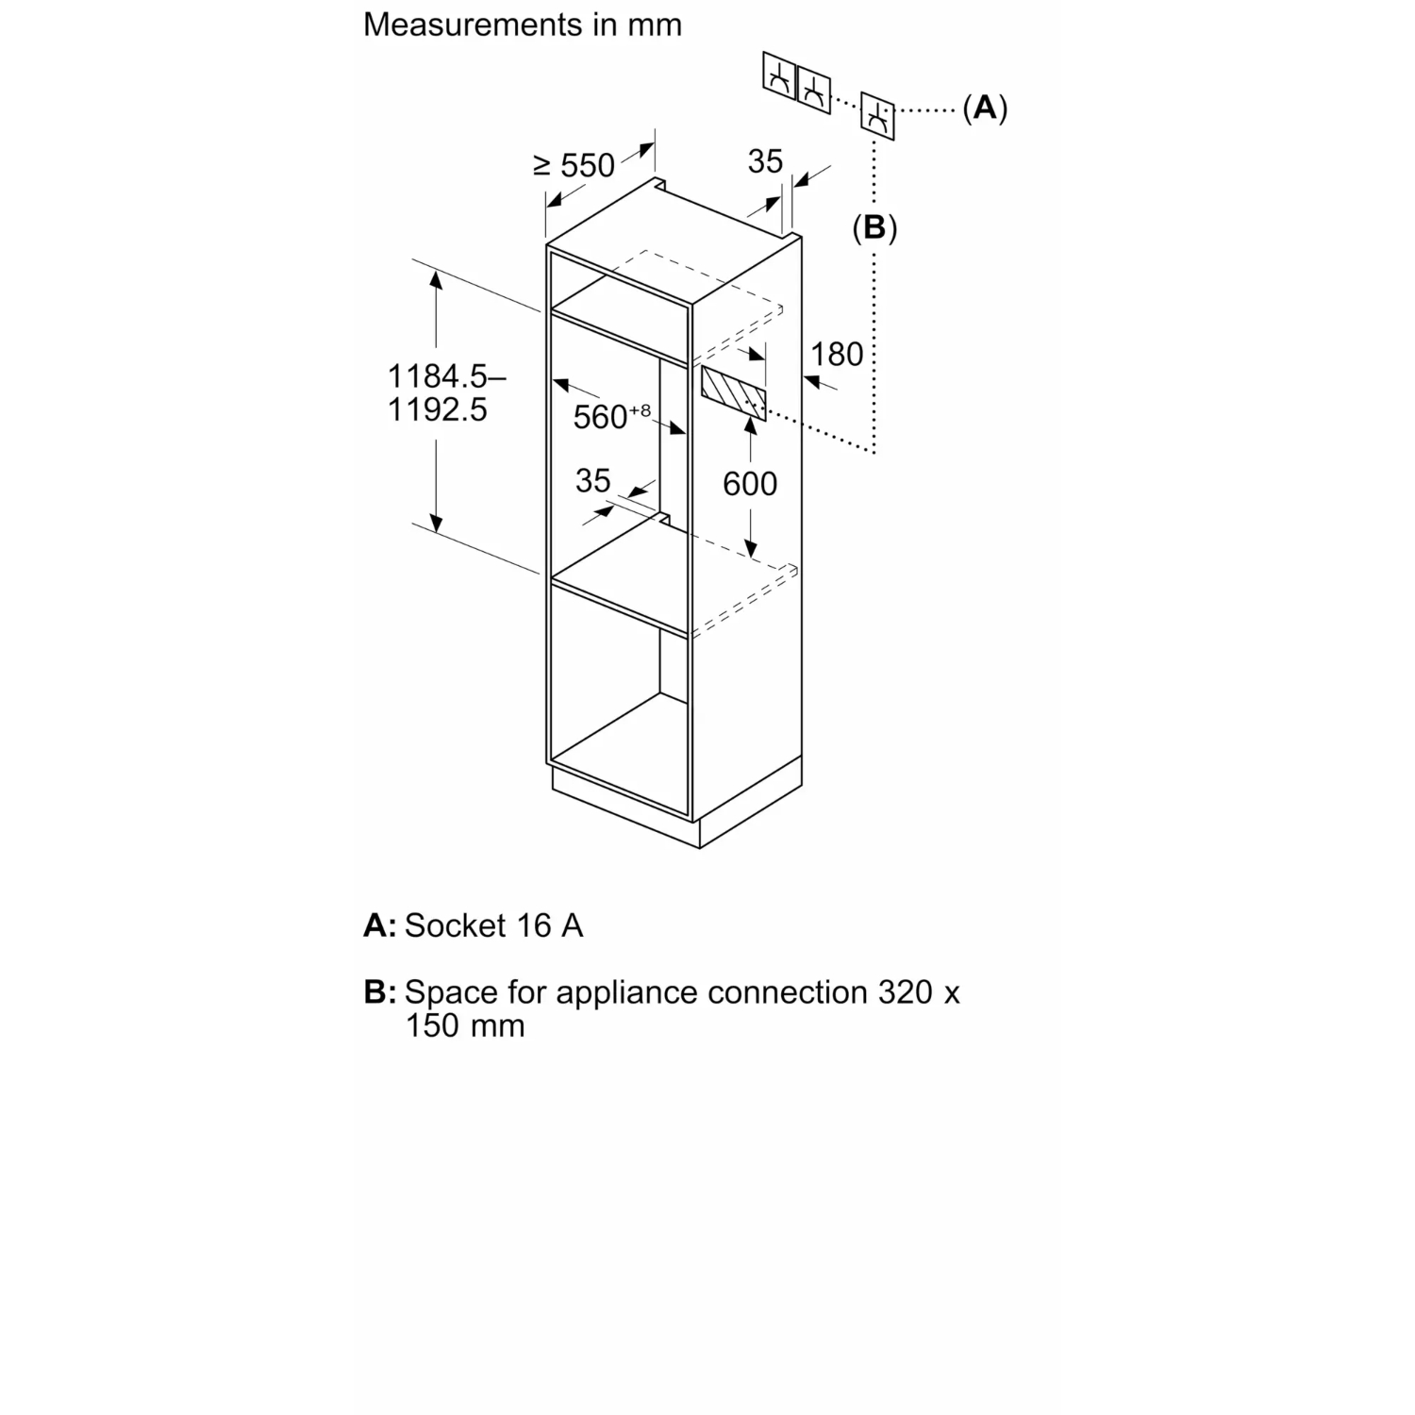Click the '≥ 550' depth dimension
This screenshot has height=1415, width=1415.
coord(574,165)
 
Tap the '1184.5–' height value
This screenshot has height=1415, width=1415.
coord(446,376)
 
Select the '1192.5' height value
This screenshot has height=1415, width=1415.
coord(438,409)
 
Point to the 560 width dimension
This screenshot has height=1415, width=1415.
coord(611,415)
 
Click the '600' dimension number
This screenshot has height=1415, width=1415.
coord(750,484)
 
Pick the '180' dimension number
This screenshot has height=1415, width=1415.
coord(837,355)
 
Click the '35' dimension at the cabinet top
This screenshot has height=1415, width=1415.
coord(765,161)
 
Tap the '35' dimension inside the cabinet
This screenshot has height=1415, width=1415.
coord(593,480)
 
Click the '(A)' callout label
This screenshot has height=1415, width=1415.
coord(985,108)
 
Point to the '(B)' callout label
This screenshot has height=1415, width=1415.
coord(874,227)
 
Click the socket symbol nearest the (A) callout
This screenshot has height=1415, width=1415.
coord(877,117)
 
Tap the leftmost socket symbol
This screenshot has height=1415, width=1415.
coord(779,75)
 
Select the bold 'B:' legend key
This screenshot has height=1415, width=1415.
coord(380,992)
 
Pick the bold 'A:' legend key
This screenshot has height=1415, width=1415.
coord(380,925)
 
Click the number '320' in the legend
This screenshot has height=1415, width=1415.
coord(906,992)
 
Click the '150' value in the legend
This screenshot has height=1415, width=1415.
coord(432,1025)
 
